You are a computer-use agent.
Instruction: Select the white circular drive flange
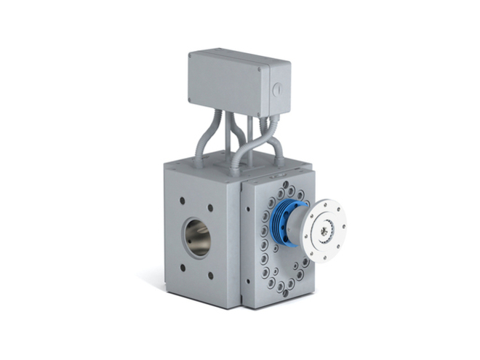(324, 231)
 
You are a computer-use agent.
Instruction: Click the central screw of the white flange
(325, 232)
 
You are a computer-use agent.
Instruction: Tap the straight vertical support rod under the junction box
(249, 138)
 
